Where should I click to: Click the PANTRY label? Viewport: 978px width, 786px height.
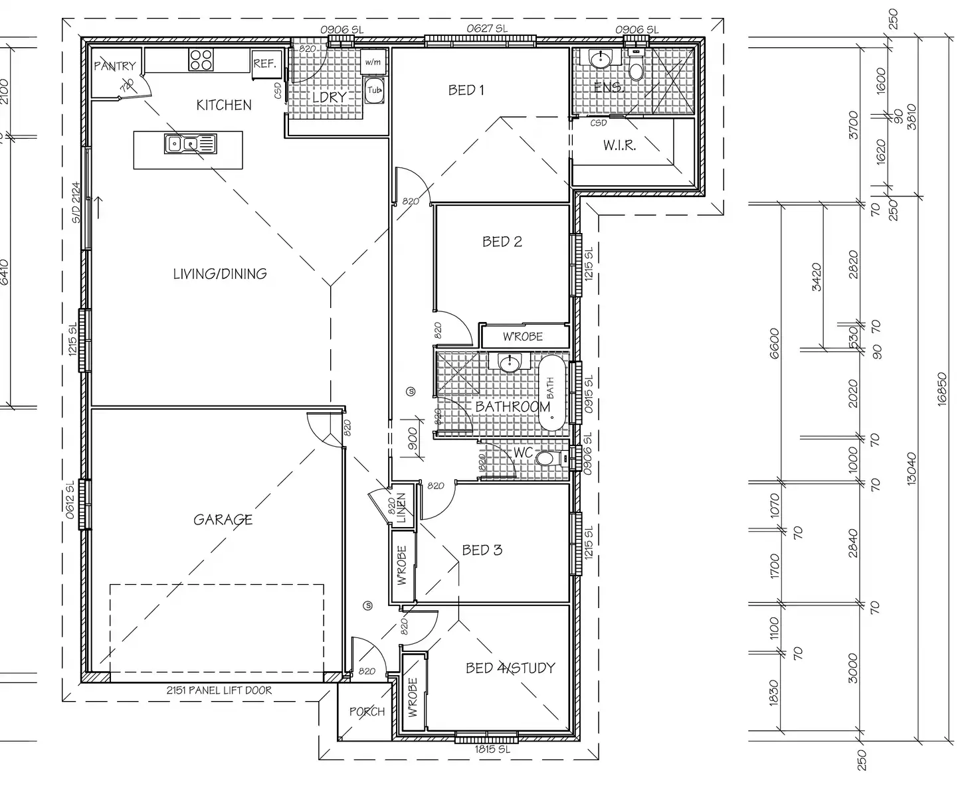(114, 66)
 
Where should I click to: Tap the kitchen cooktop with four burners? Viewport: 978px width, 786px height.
(201, 60)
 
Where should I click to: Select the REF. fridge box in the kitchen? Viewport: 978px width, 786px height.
(264, 64)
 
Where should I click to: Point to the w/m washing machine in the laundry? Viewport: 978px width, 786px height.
(373, 62)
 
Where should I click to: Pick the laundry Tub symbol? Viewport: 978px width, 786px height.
(374, 90)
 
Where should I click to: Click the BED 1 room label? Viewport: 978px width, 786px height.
(466, 90)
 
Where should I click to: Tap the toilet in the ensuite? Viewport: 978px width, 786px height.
(636, 69)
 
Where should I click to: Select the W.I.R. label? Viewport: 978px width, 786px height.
(619, 145)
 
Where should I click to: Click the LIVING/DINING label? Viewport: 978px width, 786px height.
(220, 274)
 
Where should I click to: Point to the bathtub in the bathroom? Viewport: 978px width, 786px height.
(551, 394)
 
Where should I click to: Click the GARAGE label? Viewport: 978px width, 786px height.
(223, 519)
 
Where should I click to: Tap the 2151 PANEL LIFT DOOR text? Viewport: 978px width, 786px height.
(219, 690)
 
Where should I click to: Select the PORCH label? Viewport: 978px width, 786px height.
(367, 712)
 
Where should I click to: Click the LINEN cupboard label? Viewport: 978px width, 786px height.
(401, 507)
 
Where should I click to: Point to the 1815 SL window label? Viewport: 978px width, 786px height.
(492, 749)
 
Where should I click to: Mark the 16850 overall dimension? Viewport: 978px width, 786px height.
(941, 388)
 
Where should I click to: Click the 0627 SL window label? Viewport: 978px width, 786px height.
(486, 29)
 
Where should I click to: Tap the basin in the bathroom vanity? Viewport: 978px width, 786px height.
(510, 363)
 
